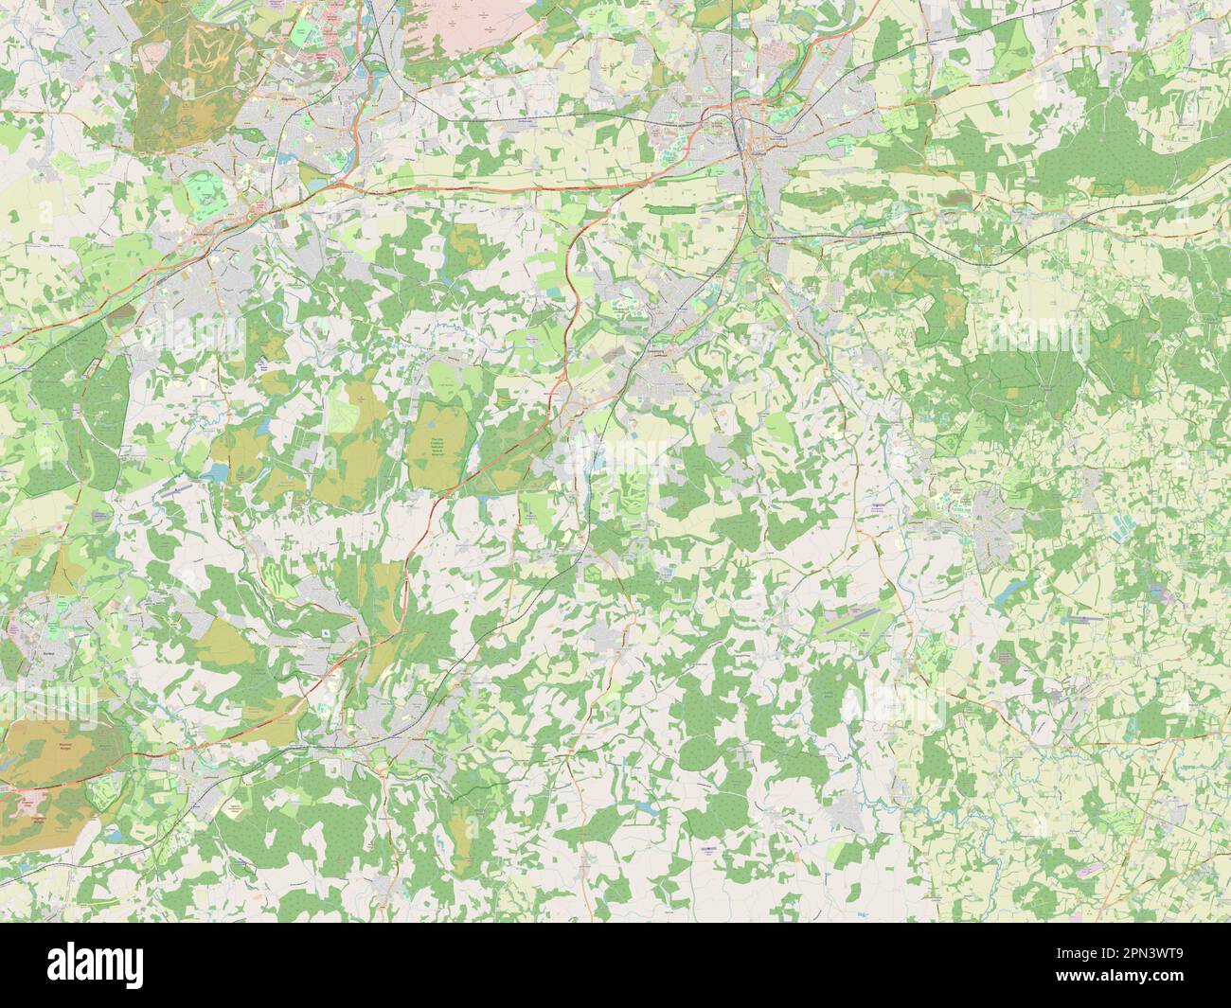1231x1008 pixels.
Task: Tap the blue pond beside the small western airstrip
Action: coord(217,470)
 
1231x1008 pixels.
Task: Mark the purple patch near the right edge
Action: coord(1158,592)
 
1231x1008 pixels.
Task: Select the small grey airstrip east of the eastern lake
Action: coord(1080,618)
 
